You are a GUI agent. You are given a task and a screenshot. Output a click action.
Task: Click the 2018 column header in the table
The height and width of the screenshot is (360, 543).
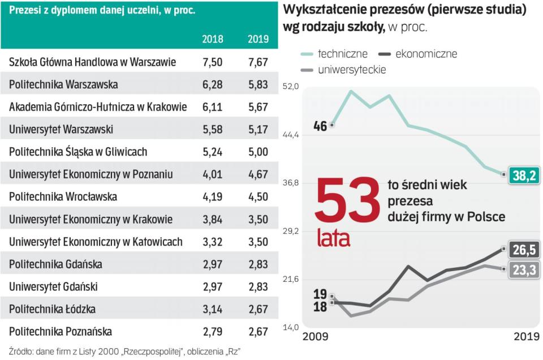click(213, 40)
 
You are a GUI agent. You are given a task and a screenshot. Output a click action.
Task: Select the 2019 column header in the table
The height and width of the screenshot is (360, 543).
click(258, 40)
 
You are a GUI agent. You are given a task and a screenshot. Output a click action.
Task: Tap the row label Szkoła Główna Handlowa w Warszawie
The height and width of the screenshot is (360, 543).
click(93, 62)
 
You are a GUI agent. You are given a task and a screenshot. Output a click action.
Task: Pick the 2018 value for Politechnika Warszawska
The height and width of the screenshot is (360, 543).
click(213, 84)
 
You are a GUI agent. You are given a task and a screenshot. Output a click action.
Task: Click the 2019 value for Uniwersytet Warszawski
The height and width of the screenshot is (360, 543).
click(258, 129)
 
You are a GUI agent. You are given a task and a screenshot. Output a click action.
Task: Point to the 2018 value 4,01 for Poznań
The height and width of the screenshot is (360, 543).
click(213, 174)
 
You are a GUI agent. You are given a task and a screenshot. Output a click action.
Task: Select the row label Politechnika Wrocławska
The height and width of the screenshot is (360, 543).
click(63, 196)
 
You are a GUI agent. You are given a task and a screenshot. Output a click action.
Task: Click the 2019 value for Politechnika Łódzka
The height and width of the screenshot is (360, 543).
click(258, 309)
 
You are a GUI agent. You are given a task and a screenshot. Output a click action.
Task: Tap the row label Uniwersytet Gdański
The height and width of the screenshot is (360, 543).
click(54, 286)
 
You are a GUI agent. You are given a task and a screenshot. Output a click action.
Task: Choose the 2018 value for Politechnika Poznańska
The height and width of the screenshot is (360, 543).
click(213, 331)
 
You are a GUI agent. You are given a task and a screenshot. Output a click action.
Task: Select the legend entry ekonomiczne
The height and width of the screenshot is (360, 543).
click(426, 54)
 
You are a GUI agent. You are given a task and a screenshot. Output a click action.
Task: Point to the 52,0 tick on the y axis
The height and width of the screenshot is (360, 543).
click(290, 87)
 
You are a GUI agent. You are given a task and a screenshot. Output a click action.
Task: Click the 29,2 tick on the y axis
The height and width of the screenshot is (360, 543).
click(290, 231)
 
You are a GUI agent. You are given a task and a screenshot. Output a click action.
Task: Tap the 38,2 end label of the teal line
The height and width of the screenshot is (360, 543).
click(524, 175)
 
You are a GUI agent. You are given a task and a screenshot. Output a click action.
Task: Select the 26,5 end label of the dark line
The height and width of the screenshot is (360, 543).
click(524, 250)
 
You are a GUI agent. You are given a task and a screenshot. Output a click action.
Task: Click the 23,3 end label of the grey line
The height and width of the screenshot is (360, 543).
click(524, 271)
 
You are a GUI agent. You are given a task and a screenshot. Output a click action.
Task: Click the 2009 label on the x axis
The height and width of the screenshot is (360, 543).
click(316, 336)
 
